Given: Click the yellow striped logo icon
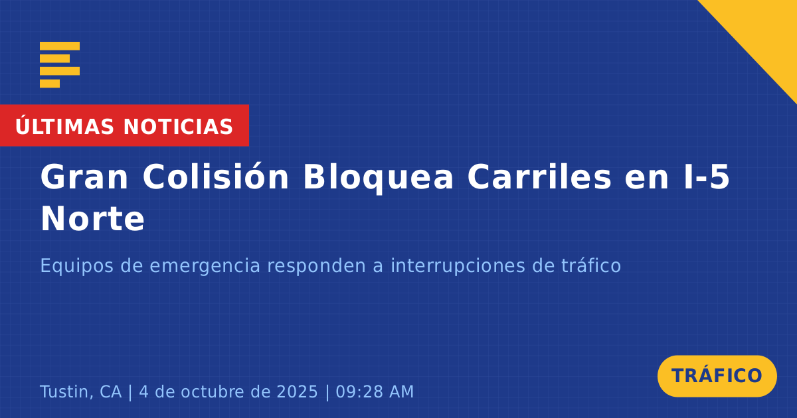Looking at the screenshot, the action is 60,65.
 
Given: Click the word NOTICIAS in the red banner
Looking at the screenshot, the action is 178,127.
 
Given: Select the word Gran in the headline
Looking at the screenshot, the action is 84,177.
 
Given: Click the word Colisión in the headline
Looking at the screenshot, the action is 216,176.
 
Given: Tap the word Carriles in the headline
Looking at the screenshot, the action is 539,176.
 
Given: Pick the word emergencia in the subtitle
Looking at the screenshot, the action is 205,267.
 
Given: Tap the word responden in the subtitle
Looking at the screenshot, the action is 317,266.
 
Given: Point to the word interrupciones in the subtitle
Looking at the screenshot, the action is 458,266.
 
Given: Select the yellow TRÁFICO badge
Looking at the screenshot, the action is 717,376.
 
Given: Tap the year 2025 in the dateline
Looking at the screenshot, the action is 297,391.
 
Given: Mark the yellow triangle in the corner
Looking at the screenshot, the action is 765,32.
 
